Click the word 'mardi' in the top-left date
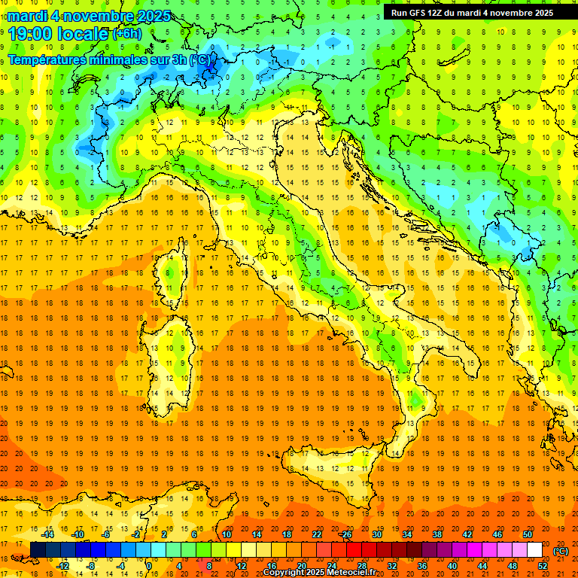point(28,16)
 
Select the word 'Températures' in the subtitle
point(45,59)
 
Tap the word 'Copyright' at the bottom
point(284,573)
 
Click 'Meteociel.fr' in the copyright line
point(357,573)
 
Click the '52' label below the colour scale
point(543,566)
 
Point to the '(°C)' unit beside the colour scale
point(561,550)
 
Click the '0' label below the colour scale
point(149,566)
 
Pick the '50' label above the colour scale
point(528,534)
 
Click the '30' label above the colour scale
point(377,534)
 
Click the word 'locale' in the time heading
point(84,33)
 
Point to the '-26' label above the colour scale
point(345,534)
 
